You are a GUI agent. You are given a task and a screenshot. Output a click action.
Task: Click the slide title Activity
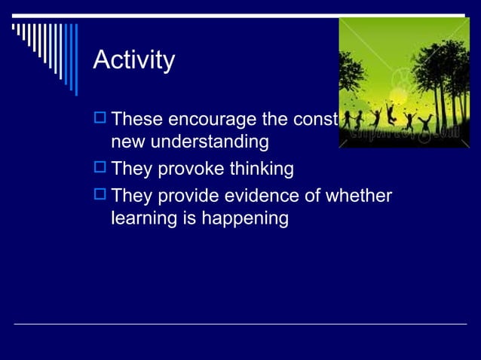click(133, 60)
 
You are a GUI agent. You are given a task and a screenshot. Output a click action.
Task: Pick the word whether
click(359, 197)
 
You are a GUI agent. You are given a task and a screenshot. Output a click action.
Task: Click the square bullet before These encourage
click(100, 119)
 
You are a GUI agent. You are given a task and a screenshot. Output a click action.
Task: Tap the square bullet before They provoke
click(100, 169)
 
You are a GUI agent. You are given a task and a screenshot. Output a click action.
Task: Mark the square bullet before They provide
click(100, 196)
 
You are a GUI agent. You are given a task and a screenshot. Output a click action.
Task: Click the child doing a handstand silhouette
click(427, 121)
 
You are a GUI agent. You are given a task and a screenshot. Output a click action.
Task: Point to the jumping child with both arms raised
click(391, 114)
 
